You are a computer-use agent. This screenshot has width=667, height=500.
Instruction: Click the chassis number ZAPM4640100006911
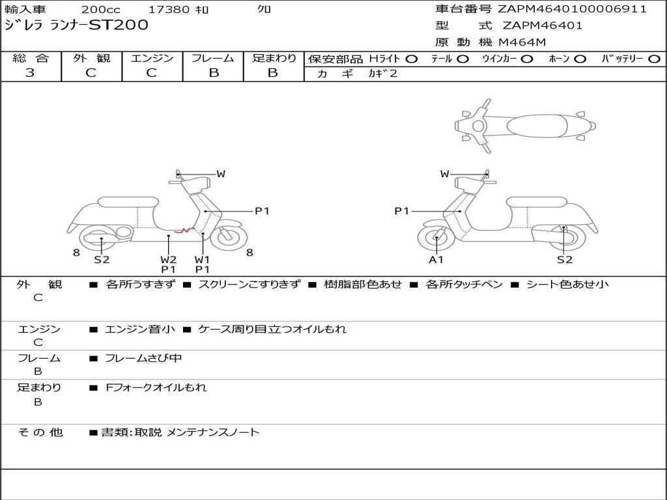572,9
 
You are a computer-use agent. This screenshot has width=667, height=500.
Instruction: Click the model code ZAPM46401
543,25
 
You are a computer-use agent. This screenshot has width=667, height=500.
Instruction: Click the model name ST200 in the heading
119,25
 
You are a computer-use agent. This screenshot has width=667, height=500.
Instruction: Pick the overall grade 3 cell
30,73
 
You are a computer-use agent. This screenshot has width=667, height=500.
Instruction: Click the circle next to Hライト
412,59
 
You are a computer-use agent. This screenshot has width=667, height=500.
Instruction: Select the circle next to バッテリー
654,59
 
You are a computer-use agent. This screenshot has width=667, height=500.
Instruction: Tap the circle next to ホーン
580,59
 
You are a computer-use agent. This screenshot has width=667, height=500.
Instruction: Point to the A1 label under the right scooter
436,259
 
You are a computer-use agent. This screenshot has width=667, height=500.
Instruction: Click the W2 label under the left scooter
169,259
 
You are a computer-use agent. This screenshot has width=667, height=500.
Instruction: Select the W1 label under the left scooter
203,259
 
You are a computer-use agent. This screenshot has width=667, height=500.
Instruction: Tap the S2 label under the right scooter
565,259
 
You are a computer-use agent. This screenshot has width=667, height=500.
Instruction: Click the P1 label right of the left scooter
262,211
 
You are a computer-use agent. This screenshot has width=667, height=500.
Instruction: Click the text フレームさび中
143,359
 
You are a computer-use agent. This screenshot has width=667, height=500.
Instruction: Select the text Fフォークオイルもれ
156,387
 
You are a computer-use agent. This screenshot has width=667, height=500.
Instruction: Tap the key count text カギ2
382,74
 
